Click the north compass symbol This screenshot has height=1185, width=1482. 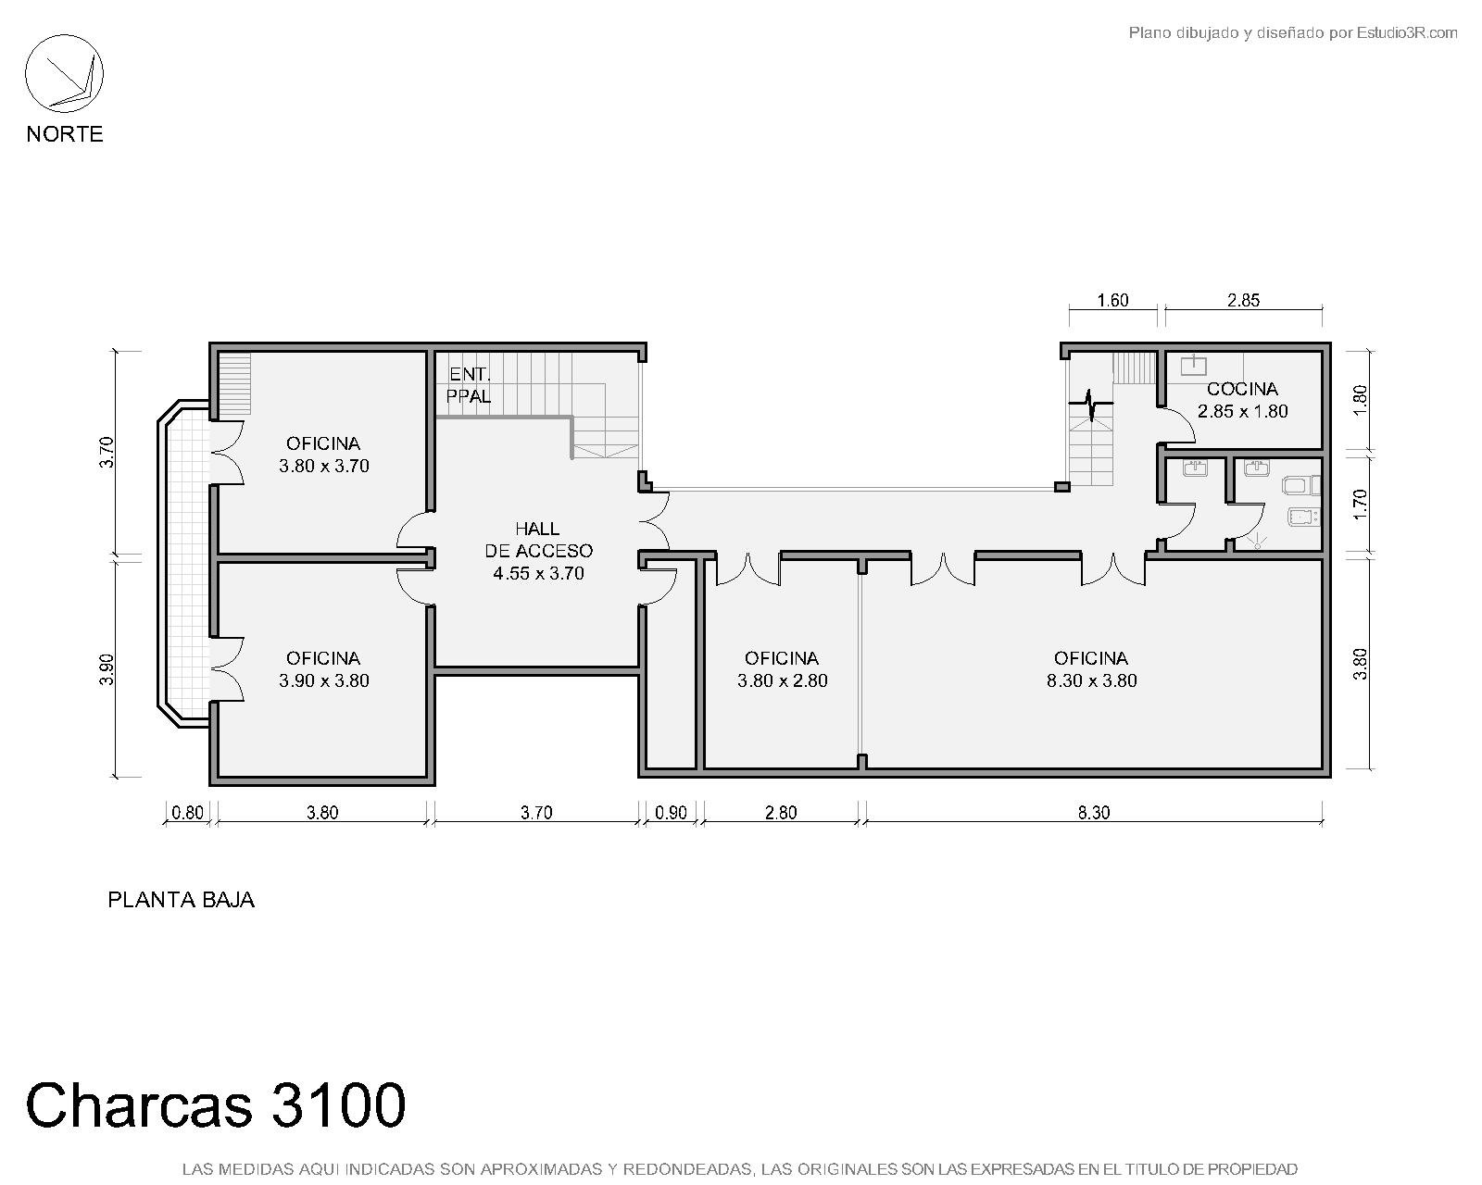tap(64, 74)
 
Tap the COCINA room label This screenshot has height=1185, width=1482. tap(1242, 400)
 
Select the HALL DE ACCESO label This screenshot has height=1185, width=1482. tap(538, 551)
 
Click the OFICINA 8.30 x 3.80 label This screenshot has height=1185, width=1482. tap(1091, 669)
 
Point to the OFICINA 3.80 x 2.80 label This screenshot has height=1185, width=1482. tap(783, 669)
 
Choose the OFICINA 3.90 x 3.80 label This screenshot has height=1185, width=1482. tap(323, 669)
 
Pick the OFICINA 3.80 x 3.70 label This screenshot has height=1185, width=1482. tap(323, 455)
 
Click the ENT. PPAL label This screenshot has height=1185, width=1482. tap(469, 386)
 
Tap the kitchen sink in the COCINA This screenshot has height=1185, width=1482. tap(1193, 364)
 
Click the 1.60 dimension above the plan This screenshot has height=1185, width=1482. tap(1112, 300)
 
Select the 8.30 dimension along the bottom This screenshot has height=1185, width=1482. tap(1094, 813)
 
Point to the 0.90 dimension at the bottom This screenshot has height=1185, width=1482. tap(671, 813)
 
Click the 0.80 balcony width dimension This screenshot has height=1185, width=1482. tap(187, 813)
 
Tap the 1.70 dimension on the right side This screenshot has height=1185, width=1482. tap(1360, 505)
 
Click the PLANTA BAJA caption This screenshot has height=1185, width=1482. tap(182, 900)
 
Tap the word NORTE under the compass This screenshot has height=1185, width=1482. tap(65, 133)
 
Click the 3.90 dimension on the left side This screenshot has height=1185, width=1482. tap(106, 669)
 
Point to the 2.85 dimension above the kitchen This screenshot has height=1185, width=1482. tap(1244, 300)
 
